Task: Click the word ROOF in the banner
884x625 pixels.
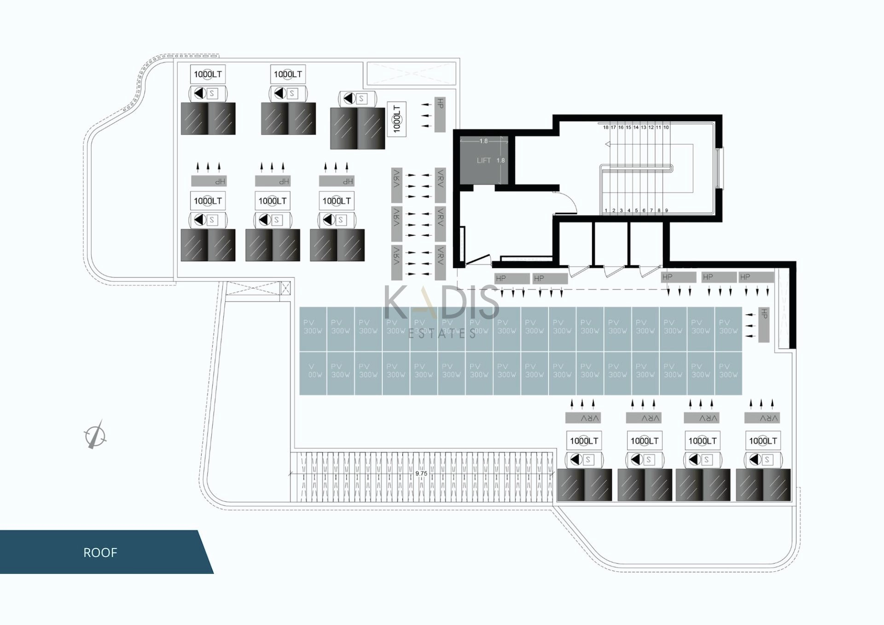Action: pos(100,552)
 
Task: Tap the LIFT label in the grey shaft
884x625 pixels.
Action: pos(483,160)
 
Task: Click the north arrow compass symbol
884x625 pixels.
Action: pos(95,435)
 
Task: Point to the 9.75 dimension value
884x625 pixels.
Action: pos(421,473)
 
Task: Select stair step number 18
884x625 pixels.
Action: pos(605,127)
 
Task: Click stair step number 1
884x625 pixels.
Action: pos(606,210)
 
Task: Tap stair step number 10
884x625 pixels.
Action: pos(666,127)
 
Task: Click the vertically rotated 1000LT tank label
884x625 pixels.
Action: pos(396,118)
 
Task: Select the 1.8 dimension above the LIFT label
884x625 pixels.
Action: pos(483,141)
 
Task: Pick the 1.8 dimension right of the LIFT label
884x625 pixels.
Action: pos(500,160)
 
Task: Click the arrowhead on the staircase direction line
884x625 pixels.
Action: pos(608,145)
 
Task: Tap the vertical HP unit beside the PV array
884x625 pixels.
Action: pos(764,325)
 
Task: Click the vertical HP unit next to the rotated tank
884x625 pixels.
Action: pos(440,115)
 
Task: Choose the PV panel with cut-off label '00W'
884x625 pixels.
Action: pos(313,373)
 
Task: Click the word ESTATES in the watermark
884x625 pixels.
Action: pos(442,333)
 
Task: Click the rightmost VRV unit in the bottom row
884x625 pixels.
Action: pos(762,418)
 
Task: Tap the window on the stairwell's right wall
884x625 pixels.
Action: pos(719,168)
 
